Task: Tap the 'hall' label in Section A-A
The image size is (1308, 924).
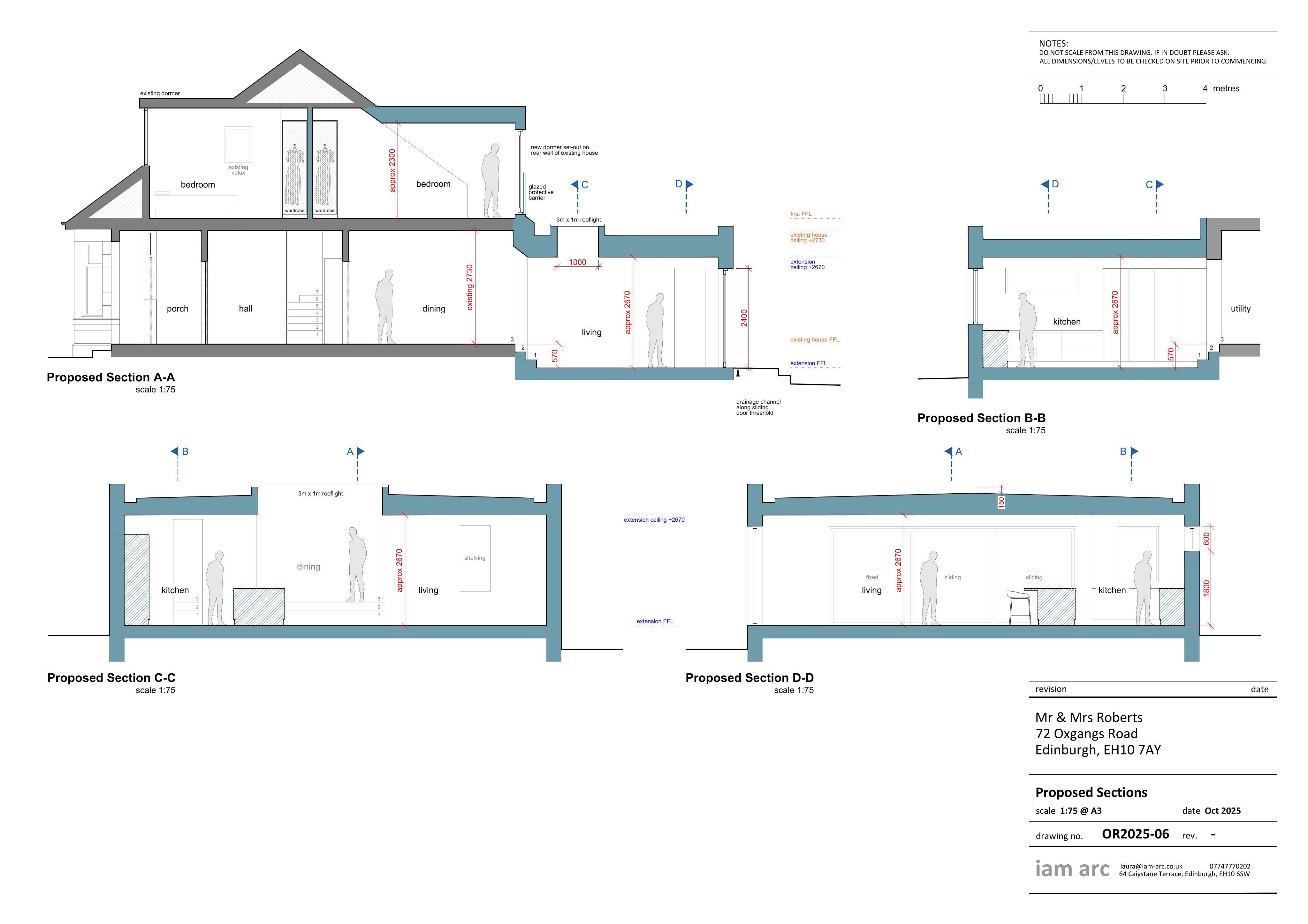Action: tap(246, 309)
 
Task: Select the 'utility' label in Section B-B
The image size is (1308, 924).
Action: tap(1240, 309)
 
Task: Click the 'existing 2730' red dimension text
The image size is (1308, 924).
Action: tap(470, 287)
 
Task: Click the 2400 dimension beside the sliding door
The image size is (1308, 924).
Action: tap(744, 318)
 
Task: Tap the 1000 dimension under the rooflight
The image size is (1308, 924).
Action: tap(578, 263)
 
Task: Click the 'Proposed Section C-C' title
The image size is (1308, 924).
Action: tap(111, 677)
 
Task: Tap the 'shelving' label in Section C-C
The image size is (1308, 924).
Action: tap(475, 558)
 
